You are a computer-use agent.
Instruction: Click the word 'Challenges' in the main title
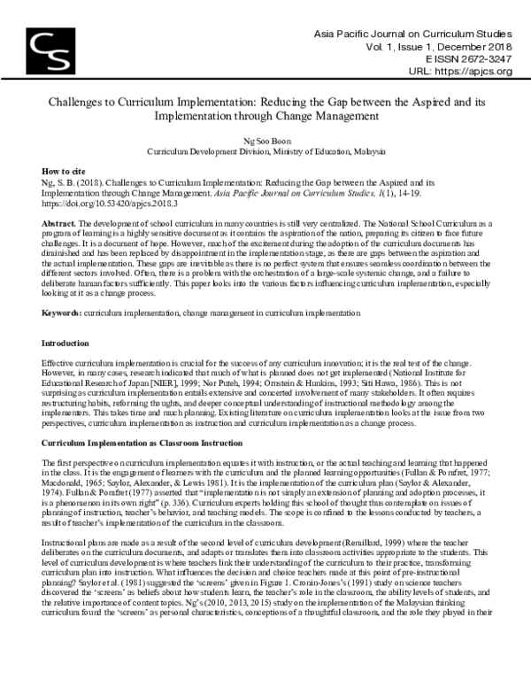[80, 102]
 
